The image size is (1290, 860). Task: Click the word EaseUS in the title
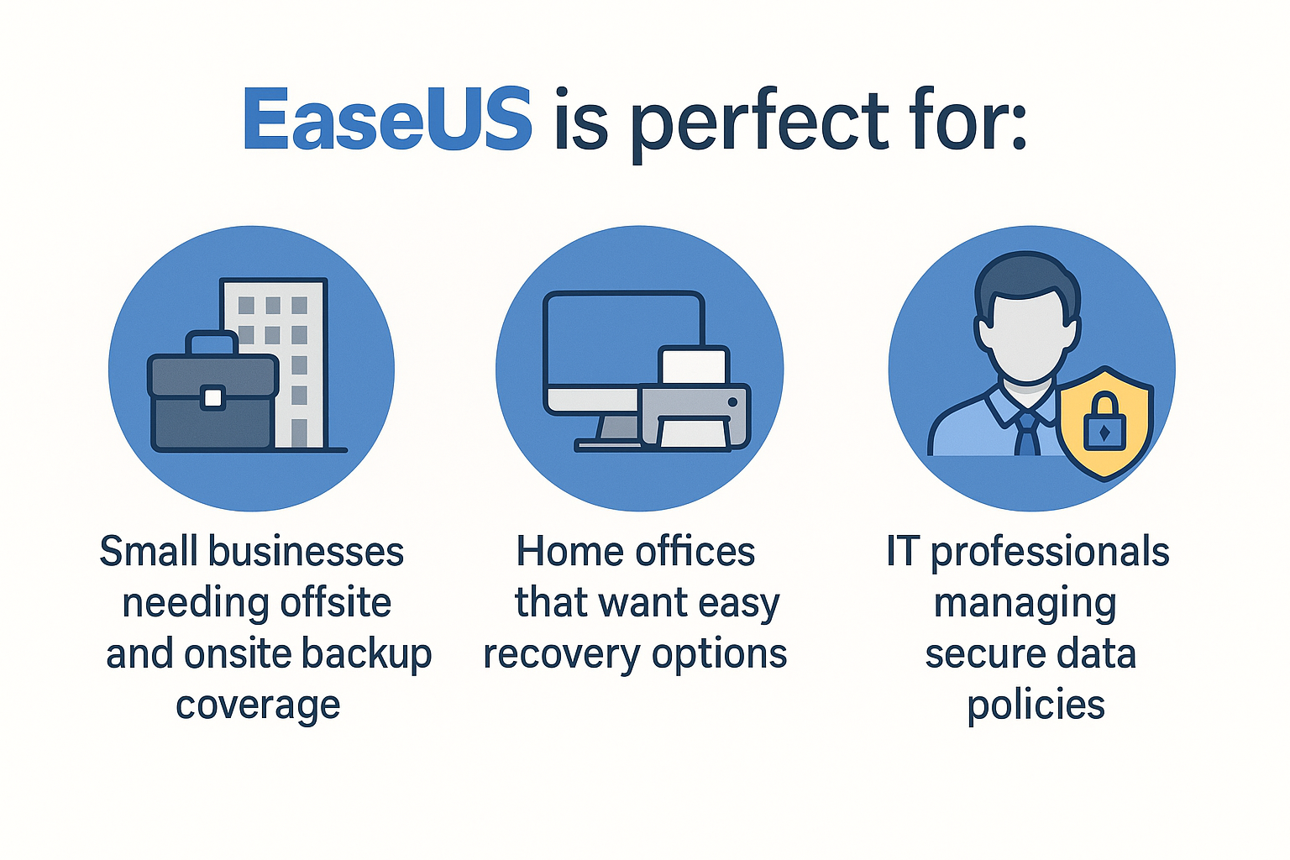pos(387,119)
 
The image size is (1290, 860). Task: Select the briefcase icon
pos(213,391)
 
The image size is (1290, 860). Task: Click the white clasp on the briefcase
pos(212,397)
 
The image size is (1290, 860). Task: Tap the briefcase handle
pos(212,343)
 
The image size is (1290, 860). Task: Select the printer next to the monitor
pos(695,416)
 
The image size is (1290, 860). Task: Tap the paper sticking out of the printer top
pos(694,365)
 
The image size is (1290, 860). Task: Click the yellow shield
pos(1104,423)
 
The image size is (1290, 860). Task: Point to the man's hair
pos(1027,282)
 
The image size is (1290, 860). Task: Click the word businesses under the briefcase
pos(306,552)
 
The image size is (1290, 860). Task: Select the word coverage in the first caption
pos(258,706)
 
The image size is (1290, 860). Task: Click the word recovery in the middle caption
pos(562,656)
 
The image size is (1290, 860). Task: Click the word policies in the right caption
pos(1036,705)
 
